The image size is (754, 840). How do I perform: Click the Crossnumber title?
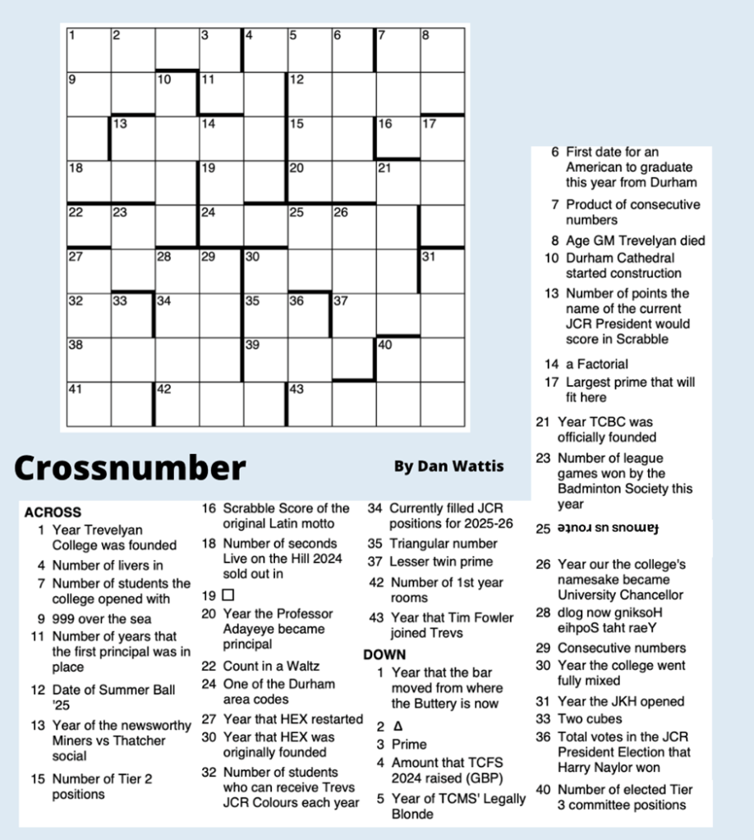(x=130, y=467)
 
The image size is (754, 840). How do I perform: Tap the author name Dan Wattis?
(x=448, y=466)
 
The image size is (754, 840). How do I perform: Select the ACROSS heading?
(x=53, y=512)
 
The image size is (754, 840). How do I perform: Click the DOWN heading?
(x=384, y=654)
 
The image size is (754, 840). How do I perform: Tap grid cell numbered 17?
(x=442, y=137)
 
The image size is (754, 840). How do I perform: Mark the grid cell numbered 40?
(x=398, y=359)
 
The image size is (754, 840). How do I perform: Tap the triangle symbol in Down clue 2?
(x=398, y=726)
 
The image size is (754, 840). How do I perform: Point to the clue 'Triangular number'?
(x=444, y=544)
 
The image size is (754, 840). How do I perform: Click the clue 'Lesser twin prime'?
(x=441, y=562)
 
